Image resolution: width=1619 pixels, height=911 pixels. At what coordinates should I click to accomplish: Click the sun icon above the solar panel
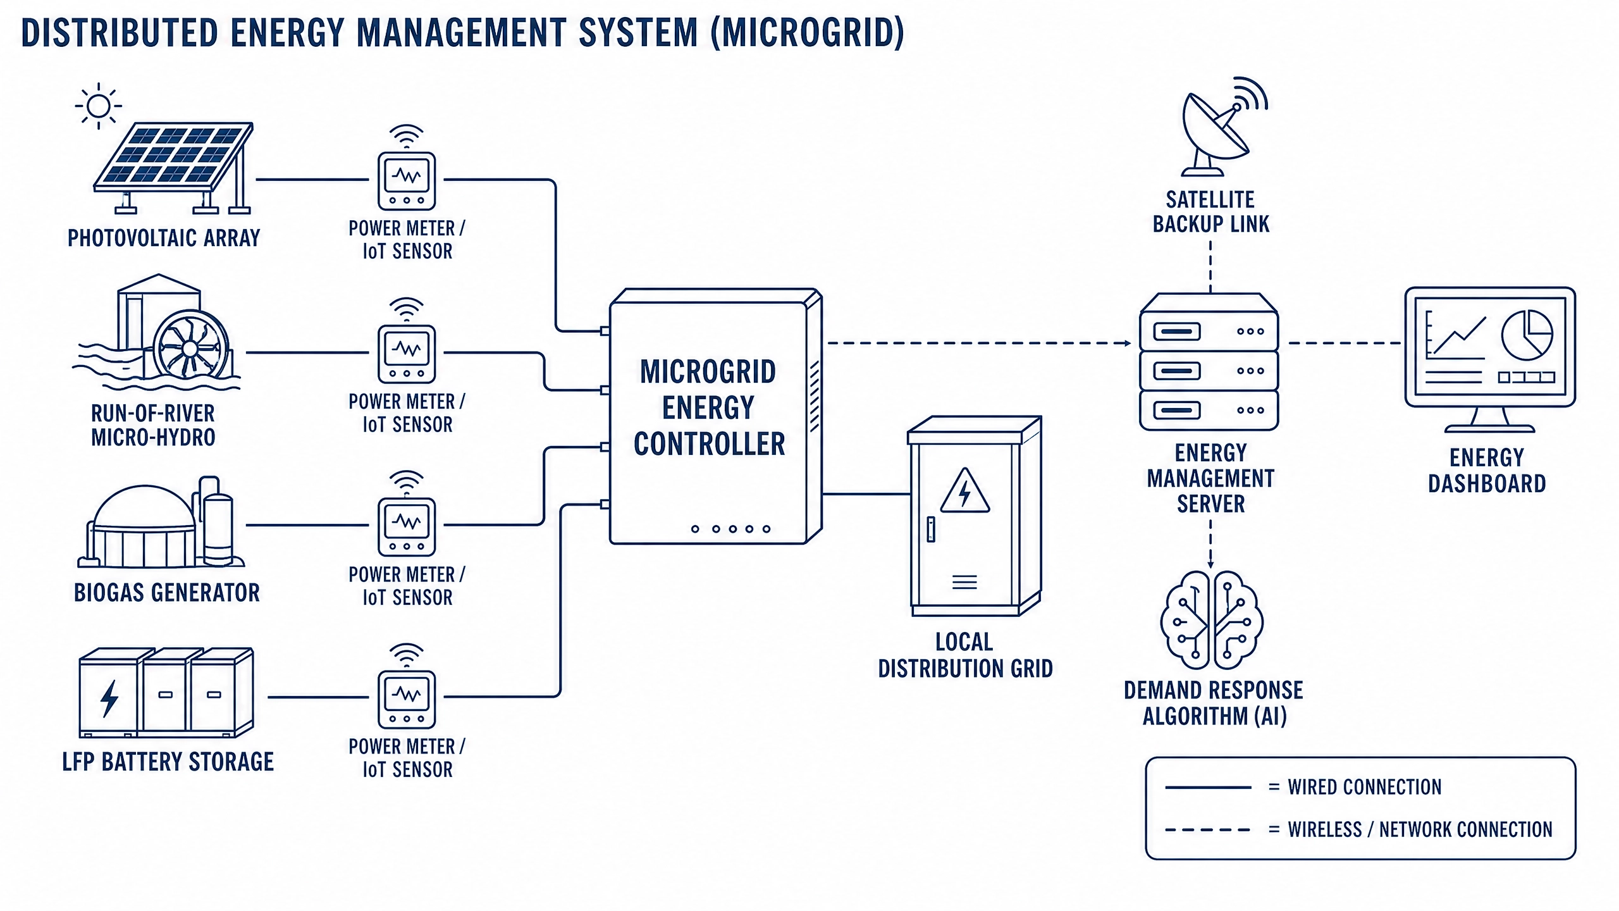coord(98,106)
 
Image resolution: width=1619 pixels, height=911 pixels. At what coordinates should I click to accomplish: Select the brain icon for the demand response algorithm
coord(1212,620)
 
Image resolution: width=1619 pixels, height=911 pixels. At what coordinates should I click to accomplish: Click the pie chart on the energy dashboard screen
coord(1527,335)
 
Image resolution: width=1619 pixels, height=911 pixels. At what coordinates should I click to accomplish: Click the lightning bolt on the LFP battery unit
coord(109,698)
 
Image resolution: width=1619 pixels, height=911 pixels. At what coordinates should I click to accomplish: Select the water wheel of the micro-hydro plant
coord(190,347)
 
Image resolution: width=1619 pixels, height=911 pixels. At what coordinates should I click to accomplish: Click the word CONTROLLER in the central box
coord(709,444)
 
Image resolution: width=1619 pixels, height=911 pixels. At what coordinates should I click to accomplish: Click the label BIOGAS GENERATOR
coord(167,593)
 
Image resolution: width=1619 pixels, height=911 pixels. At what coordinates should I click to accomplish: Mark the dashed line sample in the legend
coord(1208,830)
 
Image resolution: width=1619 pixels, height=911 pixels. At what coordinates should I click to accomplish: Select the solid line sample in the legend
coord(1208,788)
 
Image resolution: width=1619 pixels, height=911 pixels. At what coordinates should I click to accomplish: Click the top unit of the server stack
coord(1209,332)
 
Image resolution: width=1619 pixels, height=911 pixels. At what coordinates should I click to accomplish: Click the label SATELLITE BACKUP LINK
coord(1210,212)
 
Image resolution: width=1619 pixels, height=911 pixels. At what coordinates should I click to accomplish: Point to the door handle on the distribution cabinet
coord(931,529)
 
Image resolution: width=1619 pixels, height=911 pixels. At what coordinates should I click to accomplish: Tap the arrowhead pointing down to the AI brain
coord(1211,564)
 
